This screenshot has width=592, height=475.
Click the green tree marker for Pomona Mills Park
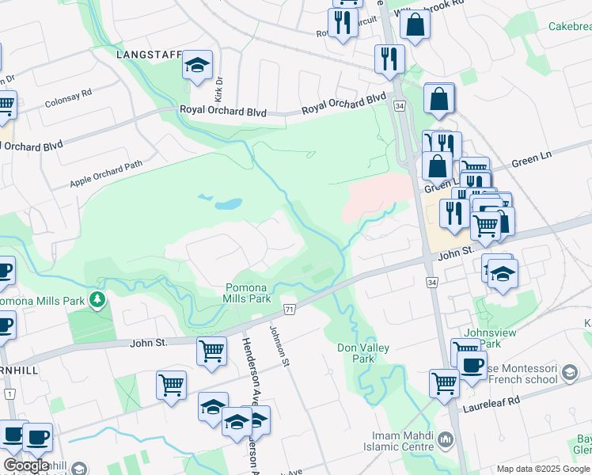click(97, 299)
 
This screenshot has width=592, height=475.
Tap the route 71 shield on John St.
click(290, 308)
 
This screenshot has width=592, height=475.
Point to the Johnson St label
click(278, 347)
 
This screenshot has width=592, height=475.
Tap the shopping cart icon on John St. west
click(211, 350)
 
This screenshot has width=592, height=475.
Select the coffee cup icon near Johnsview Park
click(472, 366)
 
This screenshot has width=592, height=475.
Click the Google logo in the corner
click(26, 465)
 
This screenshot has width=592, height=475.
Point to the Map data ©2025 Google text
click(542, 469)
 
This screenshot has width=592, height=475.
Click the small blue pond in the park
click(228, 203)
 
